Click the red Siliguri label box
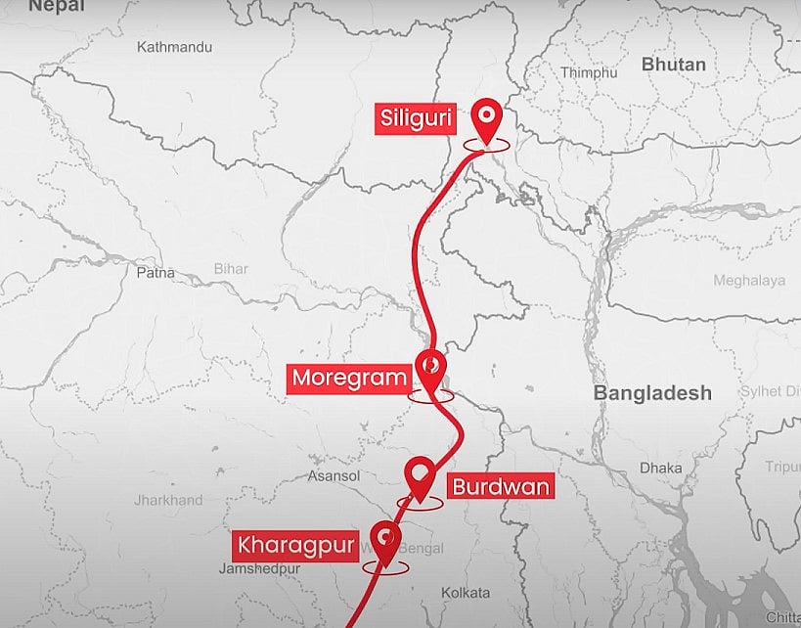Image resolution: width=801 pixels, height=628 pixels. click(415, 120)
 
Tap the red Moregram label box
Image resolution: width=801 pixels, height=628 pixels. click(348, 378)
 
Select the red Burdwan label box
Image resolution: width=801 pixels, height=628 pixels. click(500, 486)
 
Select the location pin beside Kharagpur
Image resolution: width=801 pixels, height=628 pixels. click(387, 544)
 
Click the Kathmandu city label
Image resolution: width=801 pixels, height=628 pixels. click(174, 47)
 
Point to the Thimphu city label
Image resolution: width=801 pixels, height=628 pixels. click(589, 72)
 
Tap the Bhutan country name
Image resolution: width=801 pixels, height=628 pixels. click(673, 65)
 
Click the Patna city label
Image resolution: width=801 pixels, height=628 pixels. click(156, 273)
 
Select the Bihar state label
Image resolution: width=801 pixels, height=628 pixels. click(231, 269)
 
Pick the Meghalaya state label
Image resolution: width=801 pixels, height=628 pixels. click(748, 281)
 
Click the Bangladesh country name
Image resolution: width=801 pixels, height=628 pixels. click(652, 393)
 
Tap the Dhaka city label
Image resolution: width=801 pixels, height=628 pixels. click(661, 469)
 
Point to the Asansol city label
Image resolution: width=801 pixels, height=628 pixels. click(334, 476)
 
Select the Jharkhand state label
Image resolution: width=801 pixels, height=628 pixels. click(168, 500)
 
